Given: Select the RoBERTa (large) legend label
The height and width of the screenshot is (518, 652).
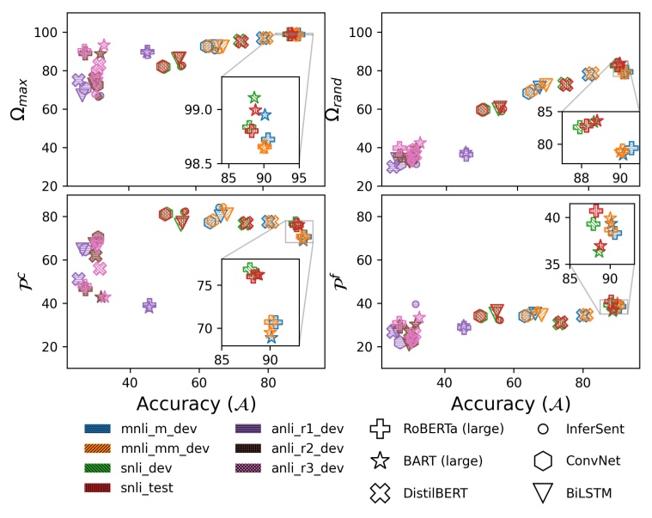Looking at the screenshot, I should (452, 428).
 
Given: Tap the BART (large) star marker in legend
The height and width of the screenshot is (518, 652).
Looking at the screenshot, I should (379, 461).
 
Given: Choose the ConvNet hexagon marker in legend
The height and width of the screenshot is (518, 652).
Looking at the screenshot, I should (543, 461).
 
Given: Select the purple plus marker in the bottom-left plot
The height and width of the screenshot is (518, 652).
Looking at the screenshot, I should (149, 306).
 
